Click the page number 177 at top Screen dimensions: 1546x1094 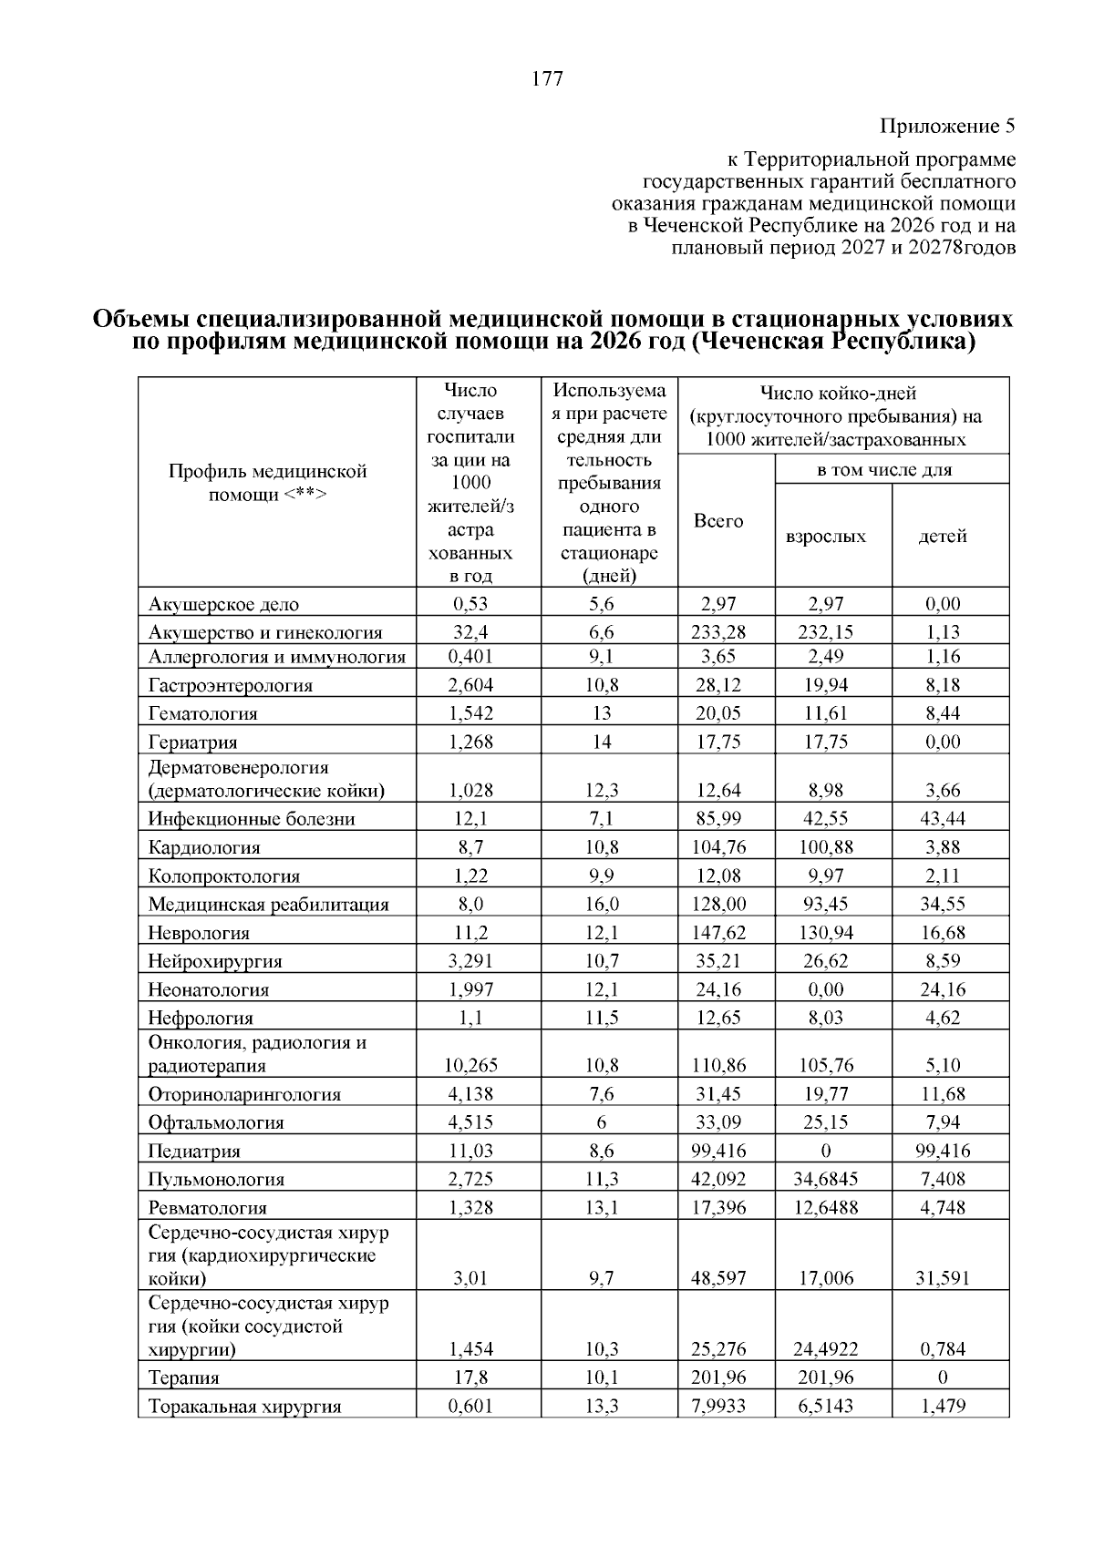pos(547,79)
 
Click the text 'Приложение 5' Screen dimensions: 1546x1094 pos(947,125)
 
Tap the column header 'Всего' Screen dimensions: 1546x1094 pos(718,521)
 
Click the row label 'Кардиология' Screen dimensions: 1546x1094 pos(205,848)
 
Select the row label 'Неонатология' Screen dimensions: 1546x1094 pos(210,990)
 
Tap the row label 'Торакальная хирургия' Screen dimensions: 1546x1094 pos(245,1407)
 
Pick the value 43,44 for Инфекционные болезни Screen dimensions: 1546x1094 pos(943,819)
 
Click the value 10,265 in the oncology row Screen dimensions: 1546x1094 pos(471,1065)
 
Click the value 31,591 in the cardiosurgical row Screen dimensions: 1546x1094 pos(943,1278)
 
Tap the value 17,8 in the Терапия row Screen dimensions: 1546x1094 pos(471,1377)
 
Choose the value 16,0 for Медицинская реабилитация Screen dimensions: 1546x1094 pos(602,904)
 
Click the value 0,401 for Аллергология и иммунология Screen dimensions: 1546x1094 pos(471,656)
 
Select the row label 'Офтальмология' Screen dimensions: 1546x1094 pos(217,1123)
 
